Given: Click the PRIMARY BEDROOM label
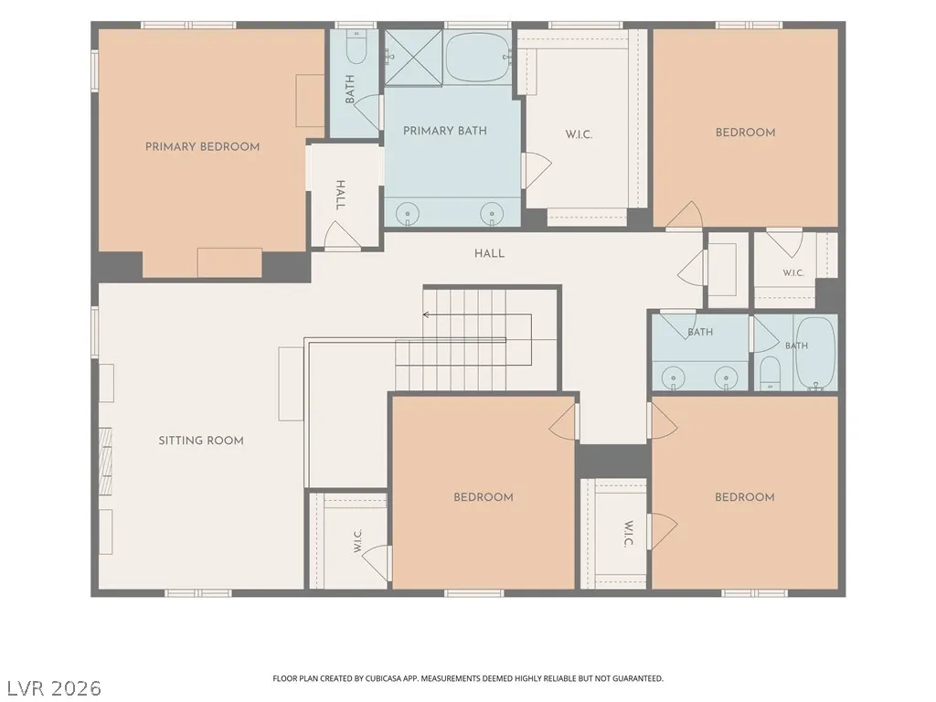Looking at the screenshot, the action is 202,147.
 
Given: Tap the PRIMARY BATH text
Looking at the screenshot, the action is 445,131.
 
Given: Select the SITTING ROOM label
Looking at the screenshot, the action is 201,441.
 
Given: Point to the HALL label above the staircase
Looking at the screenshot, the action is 490,254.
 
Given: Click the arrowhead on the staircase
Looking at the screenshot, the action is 426,314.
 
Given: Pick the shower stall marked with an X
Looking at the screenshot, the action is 413,58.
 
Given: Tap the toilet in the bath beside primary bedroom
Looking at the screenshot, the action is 356,48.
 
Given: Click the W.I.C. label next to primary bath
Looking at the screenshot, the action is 579,134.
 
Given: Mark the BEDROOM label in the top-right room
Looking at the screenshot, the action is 746,133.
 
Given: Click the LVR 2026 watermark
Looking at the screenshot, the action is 51,687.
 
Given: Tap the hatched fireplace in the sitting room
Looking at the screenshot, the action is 106,462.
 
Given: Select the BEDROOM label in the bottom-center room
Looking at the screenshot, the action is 484,497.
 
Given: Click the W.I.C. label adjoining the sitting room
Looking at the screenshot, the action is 358,541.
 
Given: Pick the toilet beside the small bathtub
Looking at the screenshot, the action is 770,373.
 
